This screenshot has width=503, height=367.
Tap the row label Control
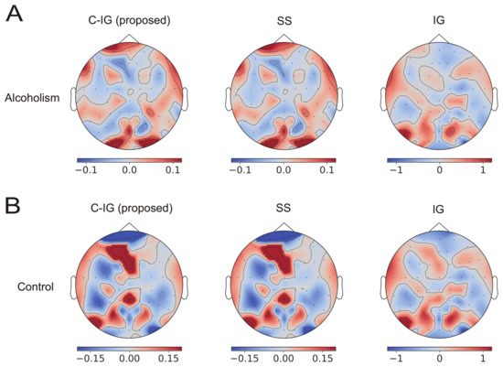pyautogui.click(x=37, y=286)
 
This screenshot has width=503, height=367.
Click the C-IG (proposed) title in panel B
pyautogui.click(x=128, y=209)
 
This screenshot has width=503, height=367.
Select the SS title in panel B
pyautogui.click(x=284, y=209)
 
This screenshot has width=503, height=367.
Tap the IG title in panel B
pyautogui.click(x=438, y=211)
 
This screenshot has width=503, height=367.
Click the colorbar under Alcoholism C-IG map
pyautogui.click(x=129, y=160)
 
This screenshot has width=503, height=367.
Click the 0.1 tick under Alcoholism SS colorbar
pyautogui.click(x=326, y=172)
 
